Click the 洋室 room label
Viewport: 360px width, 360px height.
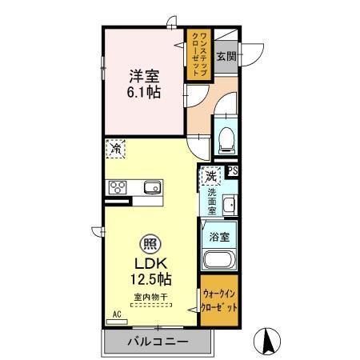point(145,76)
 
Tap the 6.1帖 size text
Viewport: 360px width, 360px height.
point(145,92)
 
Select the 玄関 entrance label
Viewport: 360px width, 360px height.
point(226,57)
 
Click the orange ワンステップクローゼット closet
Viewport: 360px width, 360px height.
point(198,54)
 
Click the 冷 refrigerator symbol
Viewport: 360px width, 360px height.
point(117,148)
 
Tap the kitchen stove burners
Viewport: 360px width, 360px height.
point(118,188)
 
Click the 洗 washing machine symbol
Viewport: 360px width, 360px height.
point(210,175)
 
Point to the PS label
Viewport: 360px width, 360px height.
point(233,170)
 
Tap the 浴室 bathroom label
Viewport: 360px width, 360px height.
point(219,237)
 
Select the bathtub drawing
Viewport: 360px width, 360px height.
point(219,260)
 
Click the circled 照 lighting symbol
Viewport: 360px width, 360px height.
point(150,243)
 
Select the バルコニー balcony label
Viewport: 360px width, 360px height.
point(158,342)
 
